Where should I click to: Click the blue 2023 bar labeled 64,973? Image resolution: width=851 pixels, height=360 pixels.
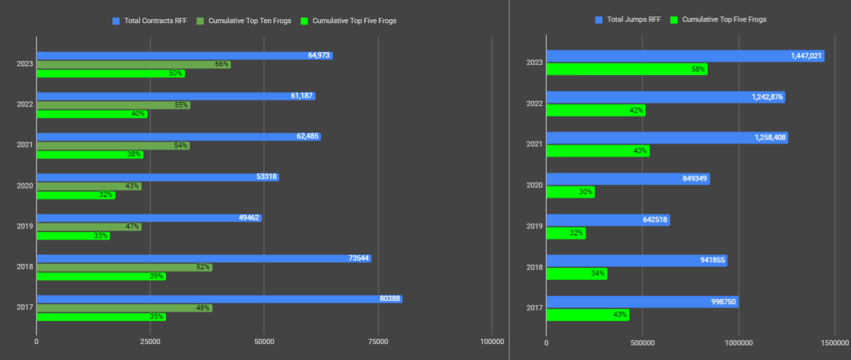[184, 56]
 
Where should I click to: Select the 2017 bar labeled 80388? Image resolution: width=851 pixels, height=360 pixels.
[218, 299]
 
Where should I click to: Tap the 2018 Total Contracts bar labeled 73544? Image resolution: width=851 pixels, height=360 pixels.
[203, 258]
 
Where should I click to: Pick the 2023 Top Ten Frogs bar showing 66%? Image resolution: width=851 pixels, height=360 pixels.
[133, 64]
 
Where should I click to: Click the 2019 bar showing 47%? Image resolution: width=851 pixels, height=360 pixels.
[89, 226]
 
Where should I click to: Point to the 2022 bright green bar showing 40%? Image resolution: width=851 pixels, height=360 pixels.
[92, 114]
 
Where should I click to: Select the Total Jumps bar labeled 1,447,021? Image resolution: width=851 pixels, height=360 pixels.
[685, 56]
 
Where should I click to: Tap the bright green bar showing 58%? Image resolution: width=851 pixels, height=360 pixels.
[626, 69]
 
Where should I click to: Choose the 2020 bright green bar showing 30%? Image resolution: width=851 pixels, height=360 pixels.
[570, 192]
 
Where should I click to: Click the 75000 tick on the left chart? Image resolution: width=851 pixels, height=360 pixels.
[378, 341]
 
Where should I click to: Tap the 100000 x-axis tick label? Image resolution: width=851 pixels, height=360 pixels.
[492, 341]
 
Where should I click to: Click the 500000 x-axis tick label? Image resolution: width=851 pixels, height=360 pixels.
[643, 343]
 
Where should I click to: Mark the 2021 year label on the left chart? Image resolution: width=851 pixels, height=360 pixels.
[24, 145]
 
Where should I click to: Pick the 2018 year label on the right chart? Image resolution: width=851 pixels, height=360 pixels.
[534, 267]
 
